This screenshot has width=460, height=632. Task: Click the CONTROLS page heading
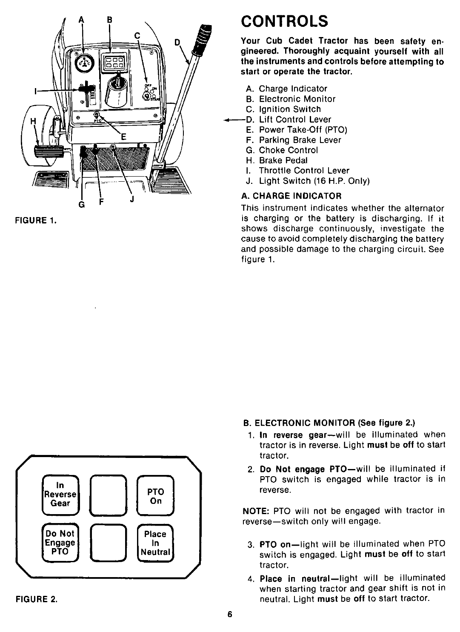[x=284, y=20]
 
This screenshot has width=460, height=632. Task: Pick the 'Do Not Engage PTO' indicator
[x=60, y=543]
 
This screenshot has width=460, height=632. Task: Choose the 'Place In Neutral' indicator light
[x=155, y=543]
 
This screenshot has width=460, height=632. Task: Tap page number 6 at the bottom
[x=230, y=615]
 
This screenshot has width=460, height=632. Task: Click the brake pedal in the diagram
[x=47, y=151]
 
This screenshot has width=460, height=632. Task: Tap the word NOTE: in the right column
[x=255, y=511]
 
